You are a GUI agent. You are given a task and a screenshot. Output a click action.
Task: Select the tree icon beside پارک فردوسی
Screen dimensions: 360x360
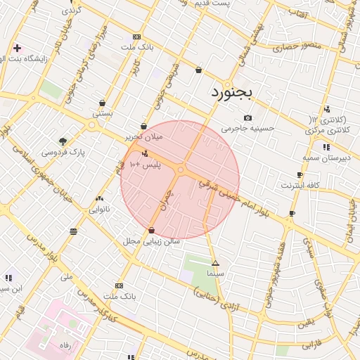coord(63,141)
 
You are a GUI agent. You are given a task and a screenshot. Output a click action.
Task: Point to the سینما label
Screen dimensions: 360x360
coord(215,271)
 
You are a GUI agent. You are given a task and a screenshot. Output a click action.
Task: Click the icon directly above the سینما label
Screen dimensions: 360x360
coord(215,262)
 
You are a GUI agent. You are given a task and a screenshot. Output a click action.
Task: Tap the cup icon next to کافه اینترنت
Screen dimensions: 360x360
coord(300,175)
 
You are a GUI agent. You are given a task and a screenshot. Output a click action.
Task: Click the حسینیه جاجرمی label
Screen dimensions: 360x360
coord(247,129)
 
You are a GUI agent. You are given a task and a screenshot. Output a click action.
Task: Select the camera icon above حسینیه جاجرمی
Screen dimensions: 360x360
coord(247,118)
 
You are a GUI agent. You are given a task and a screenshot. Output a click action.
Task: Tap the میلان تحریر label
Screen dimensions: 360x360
coord(143,137)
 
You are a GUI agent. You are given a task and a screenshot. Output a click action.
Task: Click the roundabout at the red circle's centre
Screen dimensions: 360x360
coord(181,169)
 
